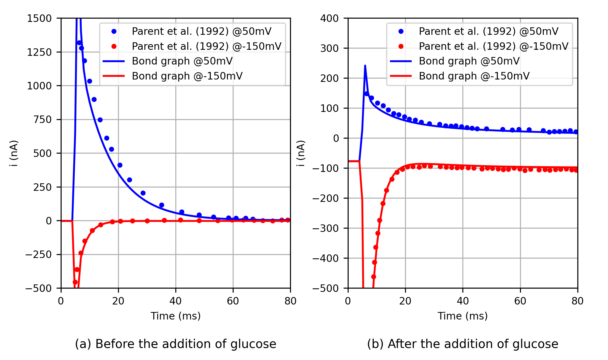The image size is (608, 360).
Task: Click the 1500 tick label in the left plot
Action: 39,19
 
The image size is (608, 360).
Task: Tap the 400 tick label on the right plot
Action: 329,19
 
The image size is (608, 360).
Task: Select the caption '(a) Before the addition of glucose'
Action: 175,344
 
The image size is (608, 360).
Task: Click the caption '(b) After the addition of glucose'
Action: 462,344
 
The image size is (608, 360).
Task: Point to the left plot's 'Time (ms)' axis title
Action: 175,316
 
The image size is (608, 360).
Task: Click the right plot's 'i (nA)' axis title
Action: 301,153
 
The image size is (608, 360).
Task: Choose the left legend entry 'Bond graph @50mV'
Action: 182,61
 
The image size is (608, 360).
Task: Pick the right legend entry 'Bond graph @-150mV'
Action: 474,76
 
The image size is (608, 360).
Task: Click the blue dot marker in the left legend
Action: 114,31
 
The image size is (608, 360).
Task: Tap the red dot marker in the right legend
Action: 401,46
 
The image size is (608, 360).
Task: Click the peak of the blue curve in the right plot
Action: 365,66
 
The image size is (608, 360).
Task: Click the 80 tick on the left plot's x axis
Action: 290,301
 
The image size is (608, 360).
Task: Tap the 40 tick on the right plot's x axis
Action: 463,301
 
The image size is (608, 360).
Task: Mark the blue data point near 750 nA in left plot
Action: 100,120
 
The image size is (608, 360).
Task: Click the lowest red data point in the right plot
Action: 374,277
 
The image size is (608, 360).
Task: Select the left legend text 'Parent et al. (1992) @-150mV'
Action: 207,46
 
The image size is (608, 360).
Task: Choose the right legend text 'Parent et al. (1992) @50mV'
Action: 489,31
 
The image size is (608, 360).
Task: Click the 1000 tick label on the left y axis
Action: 39,86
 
